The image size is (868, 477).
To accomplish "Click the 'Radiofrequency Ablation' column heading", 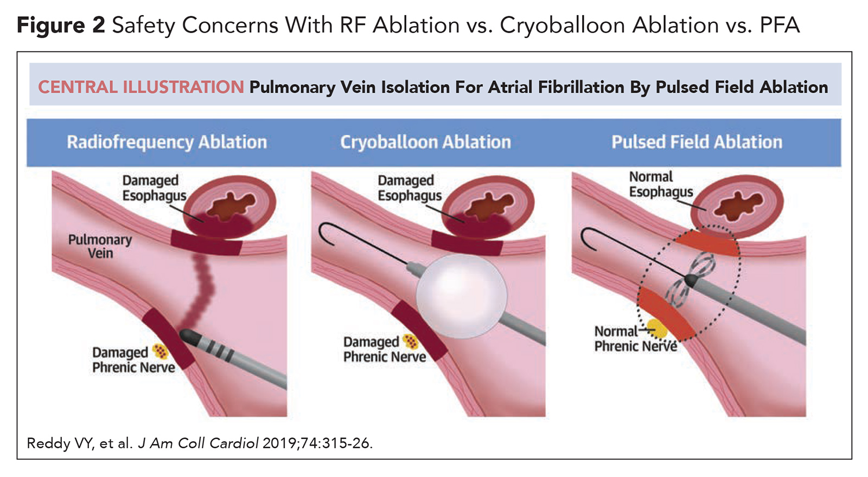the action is (x=167, y=142).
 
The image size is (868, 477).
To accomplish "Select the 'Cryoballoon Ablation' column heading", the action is (x=425, y=142).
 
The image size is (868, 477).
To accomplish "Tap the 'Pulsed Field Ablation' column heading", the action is (x=697, y=142).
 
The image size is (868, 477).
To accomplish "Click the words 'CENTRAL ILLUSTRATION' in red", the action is (x=141, y=87).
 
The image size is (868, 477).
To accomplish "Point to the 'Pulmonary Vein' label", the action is (x=100, y=246).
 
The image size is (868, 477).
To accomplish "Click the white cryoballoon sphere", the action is (x=462, y=296).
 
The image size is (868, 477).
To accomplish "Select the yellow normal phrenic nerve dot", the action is (x=657, y=328).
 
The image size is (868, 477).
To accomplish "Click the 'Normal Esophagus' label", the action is (x=661, y=184).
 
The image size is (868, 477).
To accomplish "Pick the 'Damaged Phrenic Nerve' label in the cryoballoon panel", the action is (x=385, y=349).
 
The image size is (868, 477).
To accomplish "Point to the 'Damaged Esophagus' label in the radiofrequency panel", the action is (x=154, y=188).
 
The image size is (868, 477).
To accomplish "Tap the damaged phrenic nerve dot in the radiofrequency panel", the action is (x=160, y=351).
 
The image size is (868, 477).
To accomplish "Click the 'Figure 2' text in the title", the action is (x=61, y=25).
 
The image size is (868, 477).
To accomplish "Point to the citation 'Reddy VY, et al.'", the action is (x=80, y=443).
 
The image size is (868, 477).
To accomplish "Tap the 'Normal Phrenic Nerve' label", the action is (x=635, y=339).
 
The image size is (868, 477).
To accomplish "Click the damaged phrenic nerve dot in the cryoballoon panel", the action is (x=411, y=341).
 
